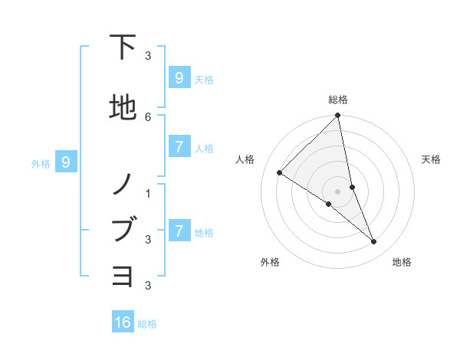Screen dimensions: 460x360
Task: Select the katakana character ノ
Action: coord(123,184)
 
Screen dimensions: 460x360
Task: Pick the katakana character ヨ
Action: coord(123,275)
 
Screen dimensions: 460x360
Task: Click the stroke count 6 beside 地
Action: coord(148,116)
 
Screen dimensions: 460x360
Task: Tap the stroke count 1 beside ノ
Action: coord(148,193)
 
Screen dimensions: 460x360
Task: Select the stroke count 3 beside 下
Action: coord(148,55)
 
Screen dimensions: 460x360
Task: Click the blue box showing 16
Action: coord(123,322)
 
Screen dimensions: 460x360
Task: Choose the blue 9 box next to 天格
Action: coord(179,77)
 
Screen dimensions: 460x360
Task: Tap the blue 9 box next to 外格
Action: coord(66,162)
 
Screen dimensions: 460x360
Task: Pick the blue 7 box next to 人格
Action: coord(179,147)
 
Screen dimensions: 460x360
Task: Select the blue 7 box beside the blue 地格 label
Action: coord(179,231)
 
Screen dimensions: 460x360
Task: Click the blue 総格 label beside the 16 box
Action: coord(147,324)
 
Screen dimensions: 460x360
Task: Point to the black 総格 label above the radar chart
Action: coord(338,100)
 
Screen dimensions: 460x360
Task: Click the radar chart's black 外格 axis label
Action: coord(270,262)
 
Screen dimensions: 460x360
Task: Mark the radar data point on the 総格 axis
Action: coord(338,116)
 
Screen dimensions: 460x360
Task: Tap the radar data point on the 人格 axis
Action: coord(280,172)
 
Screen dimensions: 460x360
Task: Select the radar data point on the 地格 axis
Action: coord(374,242)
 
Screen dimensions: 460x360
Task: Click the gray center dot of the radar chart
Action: coord(338,191)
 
